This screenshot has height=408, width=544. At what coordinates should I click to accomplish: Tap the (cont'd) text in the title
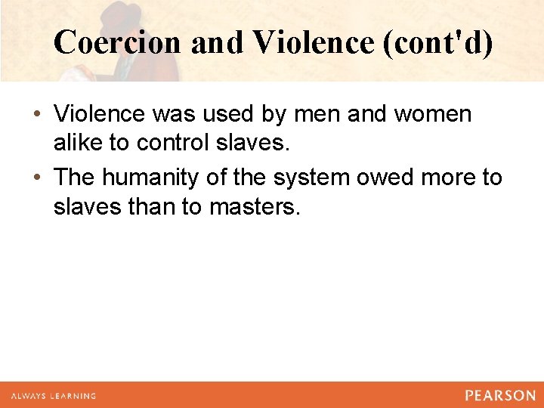[438, 43]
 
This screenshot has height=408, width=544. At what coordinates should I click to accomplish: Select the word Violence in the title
[314, 43]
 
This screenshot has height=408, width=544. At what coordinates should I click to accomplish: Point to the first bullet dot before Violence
[37, 115]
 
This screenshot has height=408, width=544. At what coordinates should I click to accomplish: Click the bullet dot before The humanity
[37, 178]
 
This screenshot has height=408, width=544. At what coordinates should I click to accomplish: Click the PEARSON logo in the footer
[499, 395]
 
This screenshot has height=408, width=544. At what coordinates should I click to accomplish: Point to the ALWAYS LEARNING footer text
[54, 396]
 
